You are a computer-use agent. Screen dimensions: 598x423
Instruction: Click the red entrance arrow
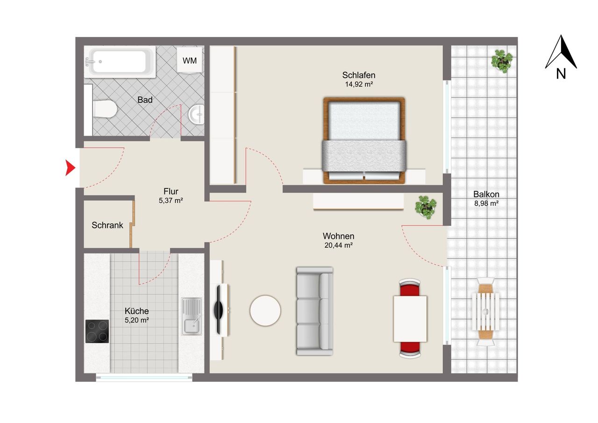[70, 168]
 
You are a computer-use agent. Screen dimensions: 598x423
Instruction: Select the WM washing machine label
[190, 61]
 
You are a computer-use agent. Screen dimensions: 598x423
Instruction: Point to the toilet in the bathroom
[105, 109]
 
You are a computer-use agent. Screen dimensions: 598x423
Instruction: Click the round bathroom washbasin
[197, 115]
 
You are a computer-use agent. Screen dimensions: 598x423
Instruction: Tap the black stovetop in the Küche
[97, 331]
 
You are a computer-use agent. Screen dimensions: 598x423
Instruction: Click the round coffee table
[265, 310]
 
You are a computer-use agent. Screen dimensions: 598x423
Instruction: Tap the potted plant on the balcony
[502, 61]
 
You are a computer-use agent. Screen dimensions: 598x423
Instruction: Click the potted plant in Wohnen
[426, 207]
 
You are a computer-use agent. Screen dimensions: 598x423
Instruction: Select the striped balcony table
[485, 311]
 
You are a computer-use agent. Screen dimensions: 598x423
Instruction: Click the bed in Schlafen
[364, 141]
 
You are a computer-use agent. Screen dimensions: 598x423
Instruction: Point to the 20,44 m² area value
[339, 245]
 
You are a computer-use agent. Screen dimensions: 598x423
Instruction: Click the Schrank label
[107, 225]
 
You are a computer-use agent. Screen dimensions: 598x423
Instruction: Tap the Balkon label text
[486, 194]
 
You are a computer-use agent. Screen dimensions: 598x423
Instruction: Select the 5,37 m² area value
[171, 201]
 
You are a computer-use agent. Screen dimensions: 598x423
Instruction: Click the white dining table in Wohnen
[410, 319]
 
